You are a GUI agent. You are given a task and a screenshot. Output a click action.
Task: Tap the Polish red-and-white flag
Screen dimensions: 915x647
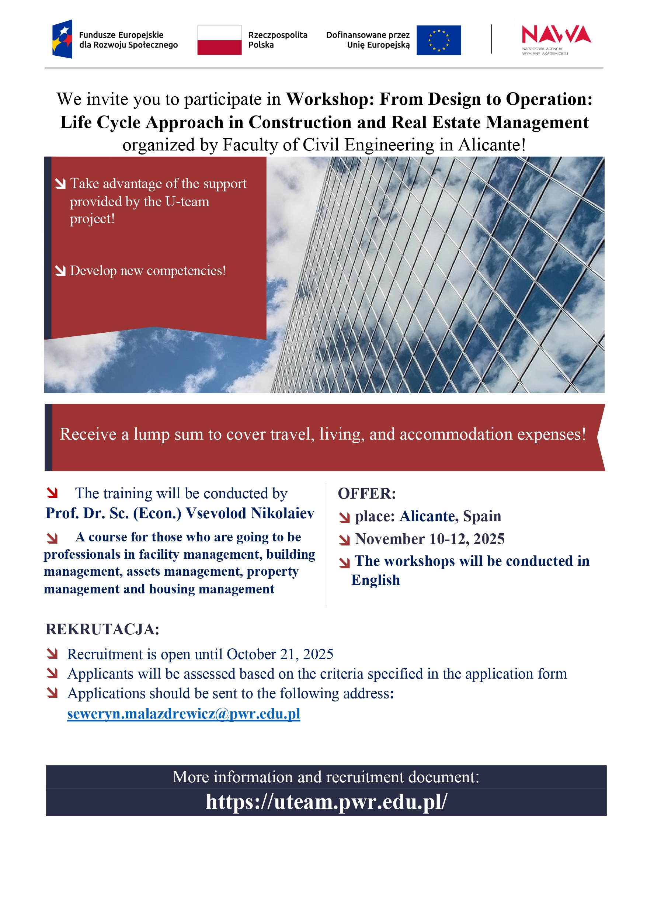pyautogui.click(x=219, y=40)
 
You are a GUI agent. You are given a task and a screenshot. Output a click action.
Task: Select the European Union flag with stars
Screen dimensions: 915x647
pyautogui.click(x=439, y=40)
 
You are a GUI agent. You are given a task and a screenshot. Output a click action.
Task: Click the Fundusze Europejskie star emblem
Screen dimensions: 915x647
pyautogui.click(x=63, y=39)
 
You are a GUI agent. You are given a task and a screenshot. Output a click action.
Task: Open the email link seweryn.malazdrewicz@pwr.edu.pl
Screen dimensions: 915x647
pyautogui.click(x=183, y=713)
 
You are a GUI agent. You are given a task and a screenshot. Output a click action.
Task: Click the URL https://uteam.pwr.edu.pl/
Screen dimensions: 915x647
pyautogui.click(x=326, y=801)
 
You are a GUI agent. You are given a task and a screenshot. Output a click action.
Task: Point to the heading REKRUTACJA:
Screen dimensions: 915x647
pyautogui.click(x=102, y=629)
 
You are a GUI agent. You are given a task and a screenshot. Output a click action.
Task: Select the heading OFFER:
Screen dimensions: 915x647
pyautogui.click(x=367, y=493)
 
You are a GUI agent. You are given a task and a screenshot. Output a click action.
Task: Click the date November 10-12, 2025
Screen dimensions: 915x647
pyautogui.click(x=429, y=539)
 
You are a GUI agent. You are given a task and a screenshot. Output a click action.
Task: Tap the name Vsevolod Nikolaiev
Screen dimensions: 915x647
pyautogui.click(x=250, y=513)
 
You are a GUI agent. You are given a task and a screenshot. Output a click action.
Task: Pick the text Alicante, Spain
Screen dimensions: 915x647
pyautogui.click(x=450, y=516)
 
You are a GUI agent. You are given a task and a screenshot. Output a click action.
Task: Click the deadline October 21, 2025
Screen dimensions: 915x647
pyautogui.click(x=280, y=654)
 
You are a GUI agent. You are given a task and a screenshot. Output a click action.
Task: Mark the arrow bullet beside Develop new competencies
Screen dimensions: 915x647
pyautogui.click(x=60, y=271)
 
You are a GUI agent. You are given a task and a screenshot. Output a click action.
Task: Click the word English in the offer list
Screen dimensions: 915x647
pyautogui.click(x=375, y=580)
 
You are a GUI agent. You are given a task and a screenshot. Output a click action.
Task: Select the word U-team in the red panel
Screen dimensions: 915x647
pyautogui.click(x=187, y=202)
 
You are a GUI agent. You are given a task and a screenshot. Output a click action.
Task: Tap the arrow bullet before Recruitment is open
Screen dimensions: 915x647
pyautogui.click(x=52, y=654)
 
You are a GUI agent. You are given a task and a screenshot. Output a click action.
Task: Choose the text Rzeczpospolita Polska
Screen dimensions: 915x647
pyautogui.click(x=278, y=40)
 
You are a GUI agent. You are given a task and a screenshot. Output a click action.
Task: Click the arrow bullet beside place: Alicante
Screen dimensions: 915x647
pyautogui.click(x=344, y=517)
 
